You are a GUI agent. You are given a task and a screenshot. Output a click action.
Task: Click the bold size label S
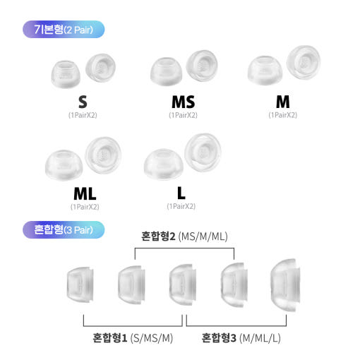click(83, 102)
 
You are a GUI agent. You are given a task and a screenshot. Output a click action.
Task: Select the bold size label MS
click(184, 102)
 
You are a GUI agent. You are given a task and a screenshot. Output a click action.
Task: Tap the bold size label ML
click(85, 193)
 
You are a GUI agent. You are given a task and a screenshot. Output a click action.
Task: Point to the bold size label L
click(181, 193)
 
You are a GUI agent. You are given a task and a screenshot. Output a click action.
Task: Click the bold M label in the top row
click(283, 102)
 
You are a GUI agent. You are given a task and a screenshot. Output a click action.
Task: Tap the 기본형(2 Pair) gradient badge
click(64, 30)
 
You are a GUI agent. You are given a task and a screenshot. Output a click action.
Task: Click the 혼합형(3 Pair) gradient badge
click(64, 229)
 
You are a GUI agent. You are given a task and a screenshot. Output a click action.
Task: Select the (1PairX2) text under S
click(83, 115)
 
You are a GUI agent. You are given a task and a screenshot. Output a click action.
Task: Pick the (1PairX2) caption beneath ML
click(85, 207)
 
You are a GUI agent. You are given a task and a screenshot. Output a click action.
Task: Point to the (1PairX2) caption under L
click(181, 207)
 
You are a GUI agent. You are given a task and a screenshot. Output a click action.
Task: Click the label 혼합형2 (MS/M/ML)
click(184, 236)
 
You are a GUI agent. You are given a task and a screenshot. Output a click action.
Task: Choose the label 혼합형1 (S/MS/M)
click(133, 338)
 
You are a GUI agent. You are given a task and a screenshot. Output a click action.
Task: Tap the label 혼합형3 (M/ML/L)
click(241, 338)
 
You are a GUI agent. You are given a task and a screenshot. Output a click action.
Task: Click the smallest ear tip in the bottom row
click(80, 284)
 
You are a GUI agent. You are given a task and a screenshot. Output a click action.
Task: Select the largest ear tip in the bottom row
click(285, 285)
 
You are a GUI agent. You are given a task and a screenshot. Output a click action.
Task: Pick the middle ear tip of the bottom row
click(183, 284)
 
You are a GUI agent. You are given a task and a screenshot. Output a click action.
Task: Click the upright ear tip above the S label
click(66, 74)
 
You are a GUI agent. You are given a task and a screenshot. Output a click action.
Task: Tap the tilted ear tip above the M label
click(304, 62)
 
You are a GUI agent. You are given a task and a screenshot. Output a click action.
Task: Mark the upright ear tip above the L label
click(163, 164)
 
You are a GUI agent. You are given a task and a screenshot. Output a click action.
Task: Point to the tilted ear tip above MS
click(202, 66)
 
